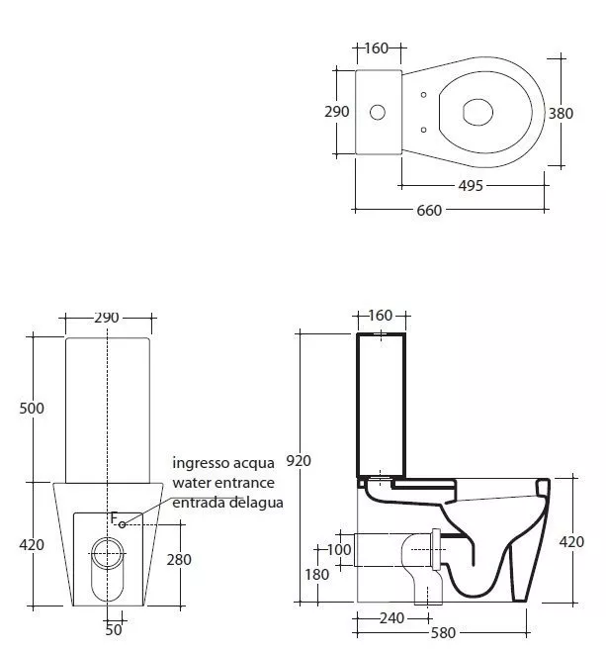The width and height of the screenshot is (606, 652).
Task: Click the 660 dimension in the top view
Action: coord(429,211)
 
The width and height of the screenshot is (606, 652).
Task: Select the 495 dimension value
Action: coord(471,185)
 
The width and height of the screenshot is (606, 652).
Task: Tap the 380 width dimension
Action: coord(561,113)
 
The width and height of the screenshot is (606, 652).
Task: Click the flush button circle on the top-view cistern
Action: coord(377,112)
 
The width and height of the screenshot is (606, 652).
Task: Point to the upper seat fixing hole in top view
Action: coord(423,95)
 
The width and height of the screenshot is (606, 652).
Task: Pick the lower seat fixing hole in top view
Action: coord(423,130)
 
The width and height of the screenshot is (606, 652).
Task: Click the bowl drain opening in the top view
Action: coord(477,112)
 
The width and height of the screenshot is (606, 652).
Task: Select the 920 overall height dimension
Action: coord(299,461)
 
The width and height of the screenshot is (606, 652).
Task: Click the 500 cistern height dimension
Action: coord(32,409)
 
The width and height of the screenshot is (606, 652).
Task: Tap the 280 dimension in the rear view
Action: coord(179,560)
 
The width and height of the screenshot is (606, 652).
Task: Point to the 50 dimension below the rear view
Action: coord(114,630)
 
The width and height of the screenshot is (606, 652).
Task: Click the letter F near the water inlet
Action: coord(115,518)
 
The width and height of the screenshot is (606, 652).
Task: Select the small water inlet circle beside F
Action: coord(122,524)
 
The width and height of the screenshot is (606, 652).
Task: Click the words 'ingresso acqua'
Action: coord(223,463)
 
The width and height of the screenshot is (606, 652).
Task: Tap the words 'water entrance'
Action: coord(223,483)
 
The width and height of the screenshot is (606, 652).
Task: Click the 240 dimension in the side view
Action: coord(391,618)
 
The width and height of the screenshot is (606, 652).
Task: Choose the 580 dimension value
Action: coord(443,633)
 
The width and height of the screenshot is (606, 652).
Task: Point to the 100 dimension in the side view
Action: coord(339,550)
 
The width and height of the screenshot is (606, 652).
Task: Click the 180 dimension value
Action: coord(317,575)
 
